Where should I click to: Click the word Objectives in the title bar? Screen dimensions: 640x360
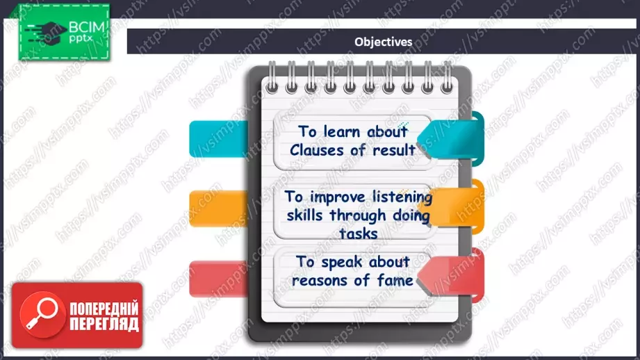384,42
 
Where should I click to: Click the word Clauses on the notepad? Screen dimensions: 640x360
317,150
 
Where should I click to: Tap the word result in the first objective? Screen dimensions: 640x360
394,150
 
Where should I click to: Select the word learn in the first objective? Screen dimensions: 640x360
342,131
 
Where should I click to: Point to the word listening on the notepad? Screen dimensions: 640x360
402,197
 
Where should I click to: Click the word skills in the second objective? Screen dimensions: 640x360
305,215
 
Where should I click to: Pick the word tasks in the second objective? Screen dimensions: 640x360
359,234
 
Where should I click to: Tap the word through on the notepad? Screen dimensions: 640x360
358,216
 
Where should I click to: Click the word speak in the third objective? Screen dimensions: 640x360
342,262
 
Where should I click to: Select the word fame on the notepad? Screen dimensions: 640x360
395,280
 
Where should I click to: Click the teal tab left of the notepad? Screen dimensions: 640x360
218,139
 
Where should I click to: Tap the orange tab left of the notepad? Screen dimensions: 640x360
218,208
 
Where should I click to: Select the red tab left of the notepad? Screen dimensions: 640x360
218,279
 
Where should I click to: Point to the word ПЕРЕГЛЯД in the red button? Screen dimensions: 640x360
104,324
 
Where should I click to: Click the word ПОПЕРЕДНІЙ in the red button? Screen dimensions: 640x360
104,309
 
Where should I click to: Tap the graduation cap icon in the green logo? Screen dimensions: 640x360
47,33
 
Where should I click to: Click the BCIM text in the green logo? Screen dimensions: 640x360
87,27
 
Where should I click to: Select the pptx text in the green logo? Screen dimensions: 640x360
81,39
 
